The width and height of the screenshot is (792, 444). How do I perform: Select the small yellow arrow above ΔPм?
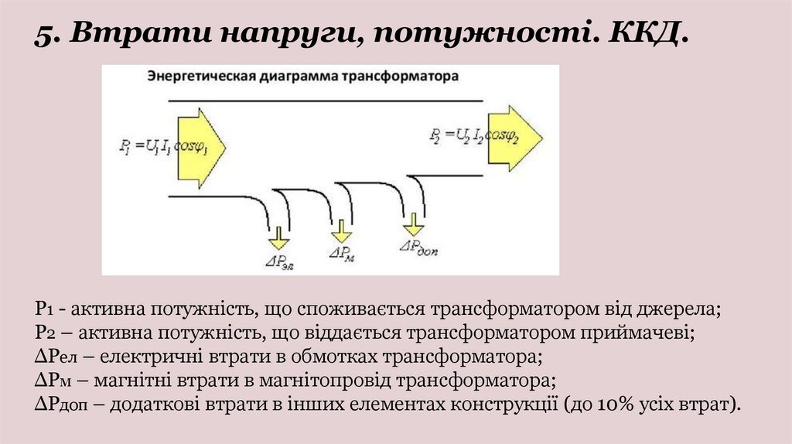[x=340, y=230]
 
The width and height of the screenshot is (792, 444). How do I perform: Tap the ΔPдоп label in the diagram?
[x=418, y=248]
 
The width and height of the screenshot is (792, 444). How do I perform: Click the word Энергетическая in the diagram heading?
[x=195, y=77]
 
